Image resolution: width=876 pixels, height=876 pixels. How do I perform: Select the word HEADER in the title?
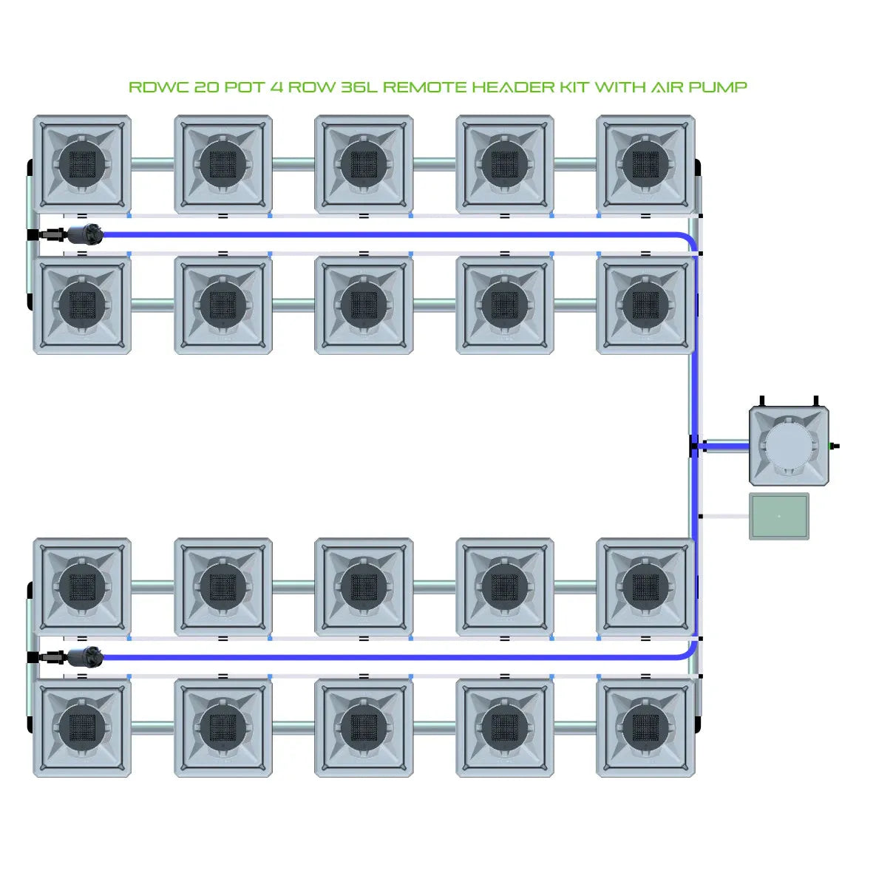[x=512, y=87]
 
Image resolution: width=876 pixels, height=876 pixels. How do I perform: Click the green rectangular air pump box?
[x=778, y=516]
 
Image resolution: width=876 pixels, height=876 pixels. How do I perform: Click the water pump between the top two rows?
[x=84, y=234]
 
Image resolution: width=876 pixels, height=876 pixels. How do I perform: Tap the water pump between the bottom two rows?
[x=84, y=656]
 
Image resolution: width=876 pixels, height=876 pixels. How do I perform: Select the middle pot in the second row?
[x=364, y=305]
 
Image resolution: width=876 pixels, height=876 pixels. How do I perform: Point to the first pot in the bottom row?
[x=82, y=727]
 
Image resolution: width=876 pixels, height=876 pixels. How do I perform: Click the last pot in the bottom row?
[x=645, y=727]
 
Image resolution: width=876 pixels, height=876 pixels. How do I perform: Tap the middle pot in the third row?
[x=364, y=587]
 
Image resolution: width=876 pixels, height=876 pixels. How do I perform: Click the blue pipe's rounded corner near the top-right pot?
[x=690, y=240]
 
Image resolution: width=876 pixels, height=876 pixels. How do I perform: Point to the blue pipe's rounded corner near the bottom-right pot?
[x=690, y=651]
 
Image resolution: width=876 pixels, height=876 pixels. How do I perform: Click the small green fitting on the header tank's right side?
[x=835, y=446]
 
